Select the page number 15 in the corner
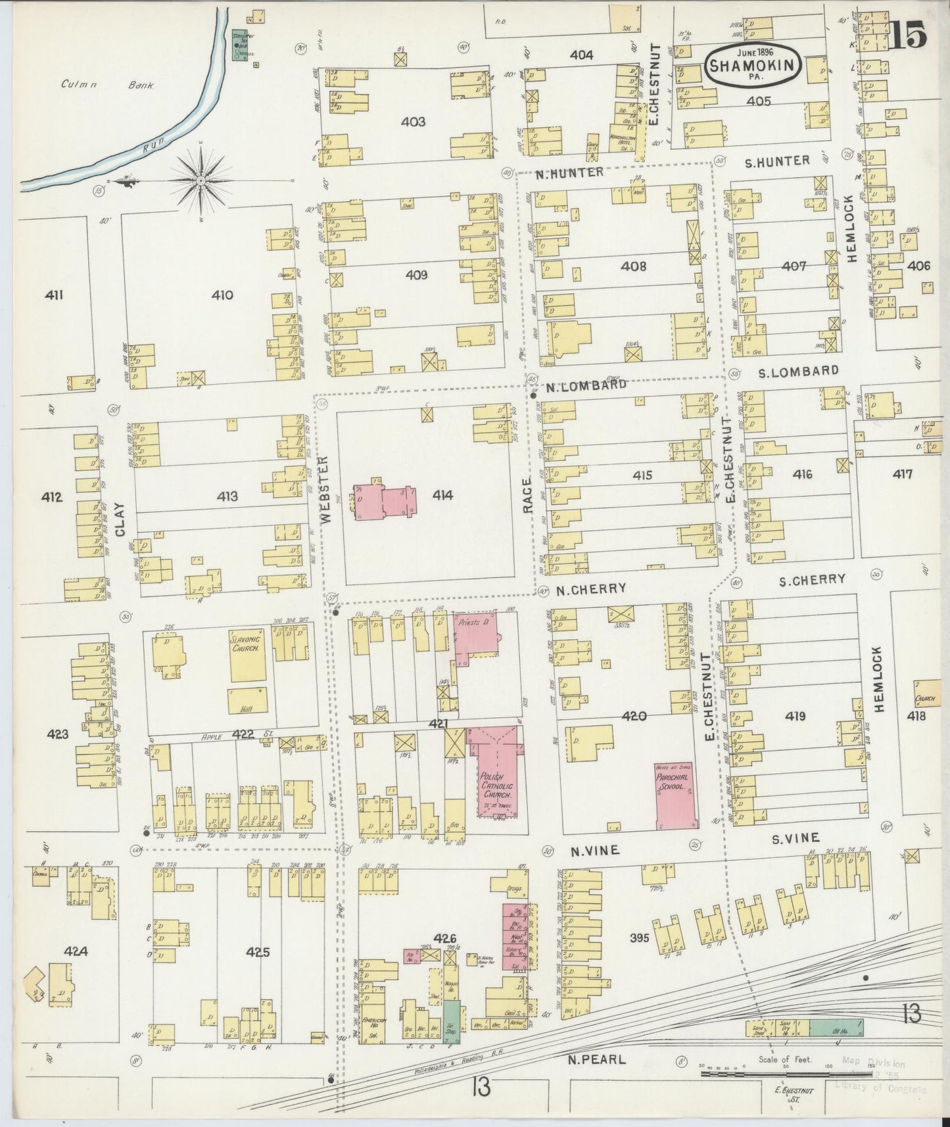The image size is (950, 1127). (x=909, y=34)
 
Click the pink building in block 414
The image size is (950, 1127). (x=385, y=502)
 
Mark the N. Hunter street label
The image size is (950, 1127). (x=569, y=172)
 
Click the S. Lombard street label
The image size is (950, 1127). (x=799, y=371)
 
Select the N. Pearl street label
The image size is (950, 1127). (x=596, y=1060)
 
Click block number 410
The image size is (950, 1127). (x=222, y=295)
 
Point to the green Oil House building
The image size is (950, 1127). (x=836, y=1028)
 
